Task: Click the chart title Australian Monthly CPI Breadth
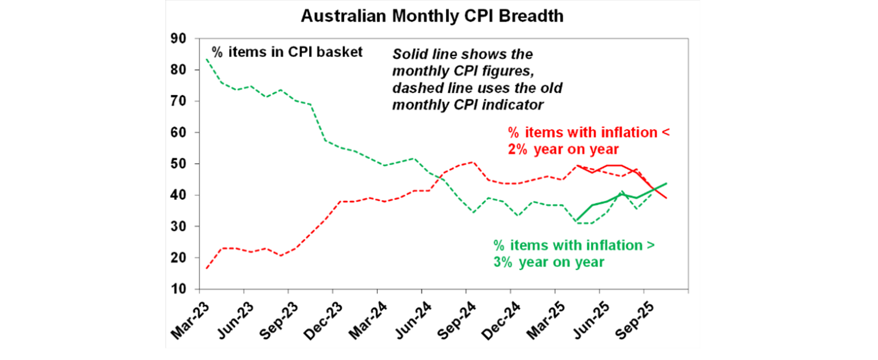(432, 17)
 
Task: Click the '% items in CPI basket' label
(287, 52)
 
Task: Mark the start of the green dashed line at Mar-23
(206, 59)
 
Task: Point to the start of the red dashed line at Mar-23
(206, 269)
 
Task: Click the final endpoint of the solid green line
(667, 183)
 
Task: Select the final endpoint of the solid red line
(667, 198)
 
